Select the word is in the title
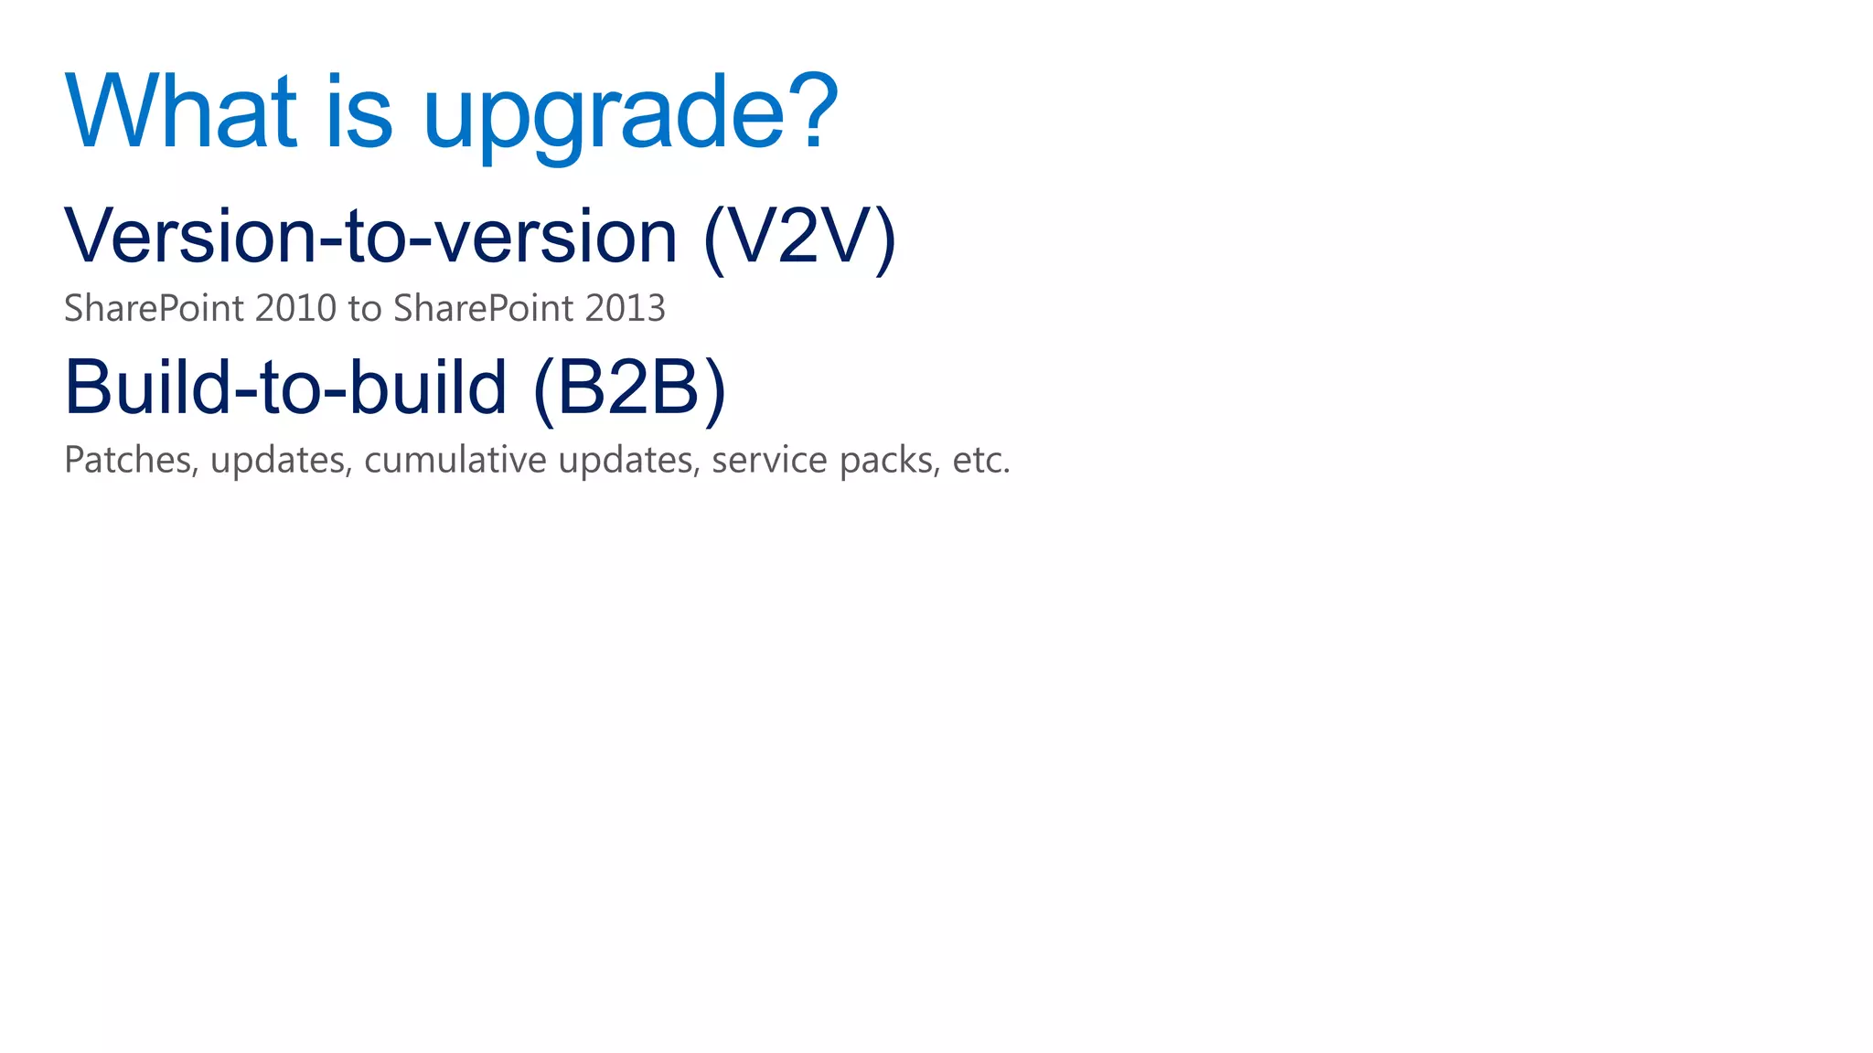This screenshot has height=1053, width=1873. [x=359, y=112]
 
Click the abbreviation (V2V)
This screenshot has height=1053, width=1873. [x=799, y=238]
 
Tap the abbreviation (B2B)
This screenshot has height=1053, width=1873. [x=629, y=388]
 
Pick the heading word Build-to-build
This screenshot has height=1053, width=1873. [x=285, y=387]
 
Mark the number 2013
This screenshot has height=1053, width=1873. [x=626, y=309]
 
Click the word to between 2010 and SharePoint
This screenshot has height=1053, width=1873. [x=365, y=309]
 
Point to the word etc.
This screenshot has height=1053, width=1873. [x=980, y=461]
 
